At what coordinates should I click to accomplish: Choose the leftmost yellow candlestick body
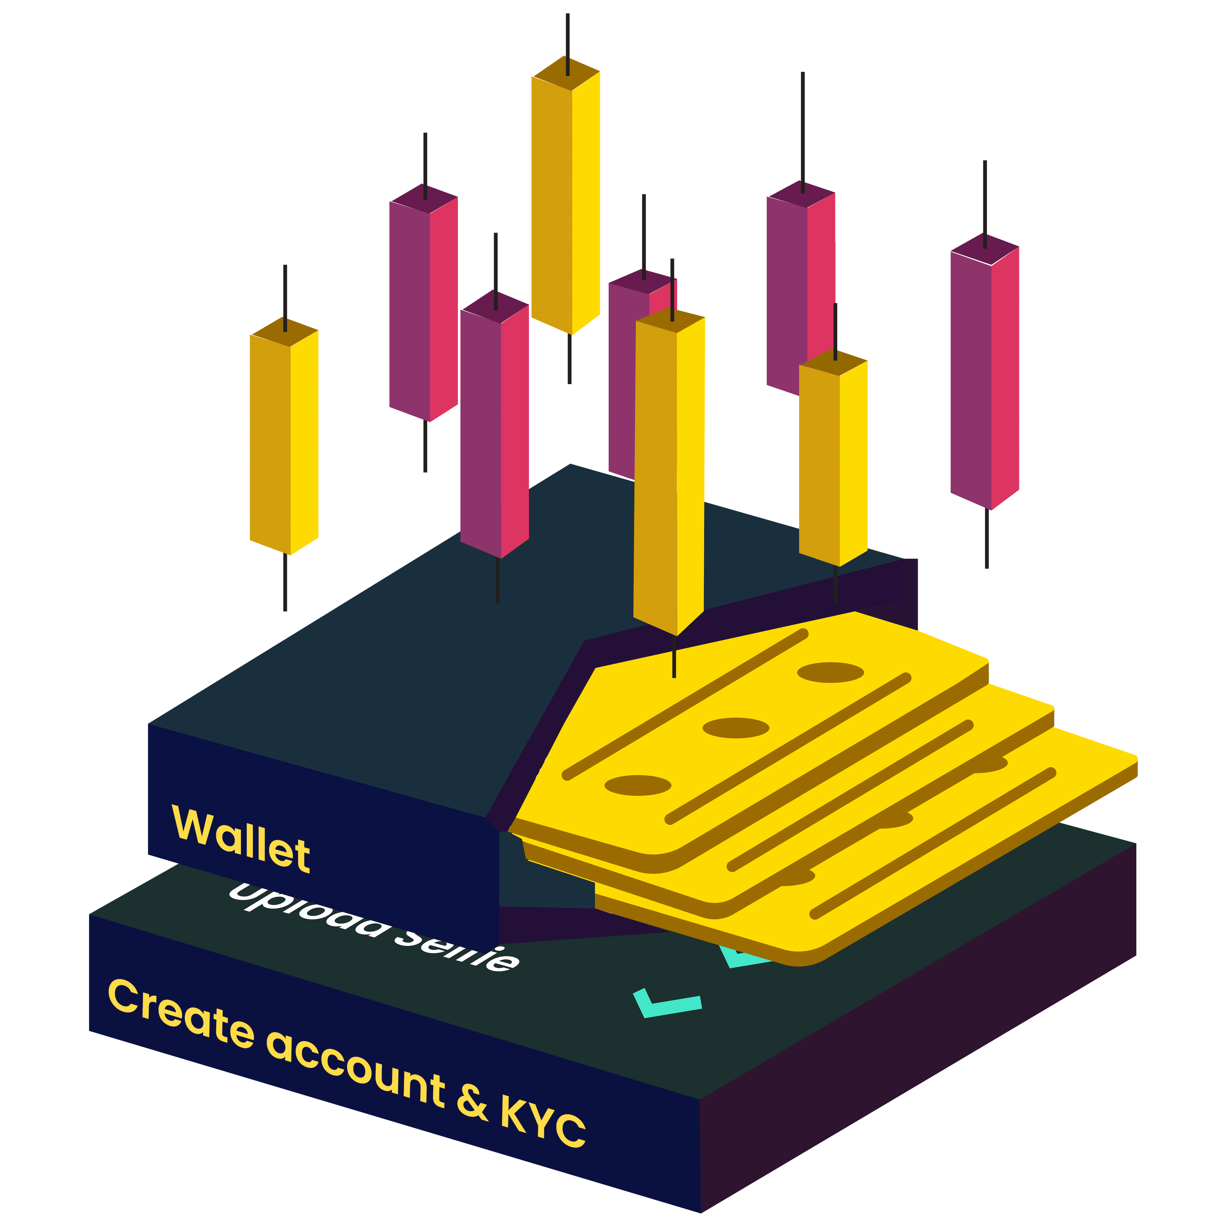pyautogui.click(x=284, y=438)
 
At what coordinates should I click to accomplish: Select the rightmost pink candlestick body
pyautogui.click(x=984, y=375)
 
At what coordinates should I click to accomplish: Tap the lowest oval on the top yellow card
pyautogui.click(x=638, y=785)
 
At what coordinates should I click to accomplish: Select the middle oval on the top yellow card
pyautogui.click(x=736, y=728)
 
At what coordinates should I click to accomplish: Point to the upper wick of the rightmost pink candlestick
pyautogui.click(x=985, y=203)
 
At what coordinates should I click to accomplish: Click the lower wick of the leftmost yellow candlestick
pyautogui.click(x=285, y=581)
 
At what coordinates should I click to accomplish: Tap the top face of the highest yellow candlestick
pyautogui.click(x=565, y=73)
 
